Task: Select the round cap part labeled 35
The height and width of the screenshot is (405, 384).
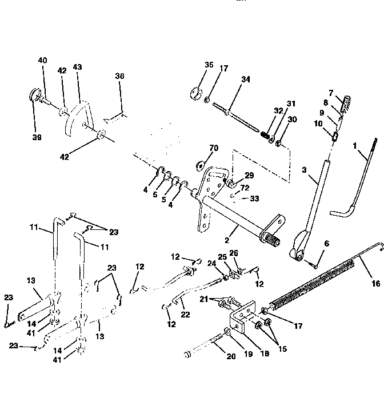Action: (197, 93)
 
